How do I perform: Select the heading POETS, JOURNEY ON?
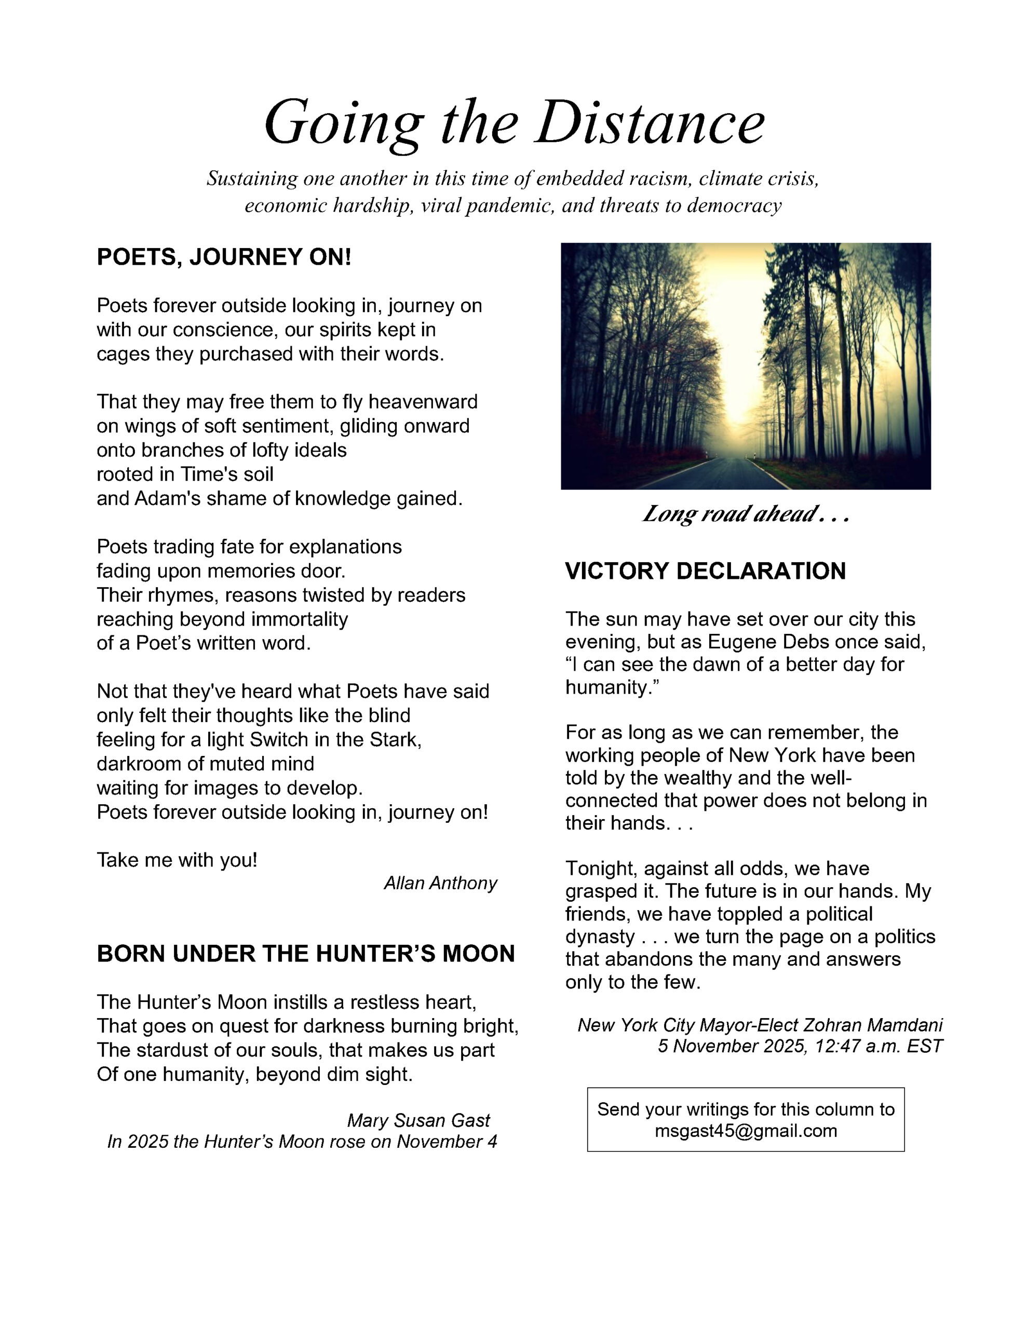click(224, 257)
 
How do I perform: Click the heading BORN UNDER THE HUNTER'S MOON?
click(306, 954)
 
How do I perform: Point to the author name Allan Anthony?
click(440, 883)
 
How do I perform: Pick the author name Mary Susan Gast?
click(418, 1120)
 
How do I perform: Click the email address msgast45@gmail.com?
click(746, 1131)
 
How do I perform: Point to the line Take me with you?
click(177, 860)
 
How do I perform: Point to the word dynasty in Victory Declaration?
click(600, 937)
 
